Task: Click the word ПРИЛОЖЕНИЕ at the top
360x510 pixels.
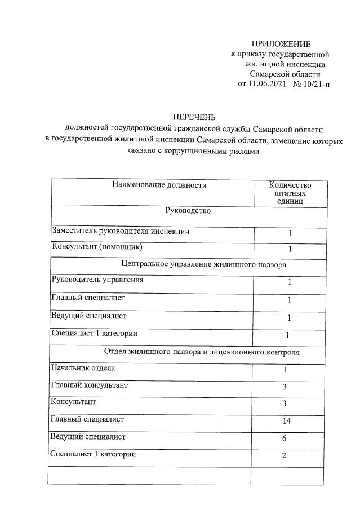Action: (x=281, y=44)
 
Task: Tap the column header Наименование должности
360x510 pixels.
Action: (x=159, y=185)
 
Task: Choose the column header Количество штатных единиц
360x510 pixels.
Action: (x=290, y=193)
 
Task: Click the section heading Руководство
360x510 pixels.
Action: (x=188, y=211)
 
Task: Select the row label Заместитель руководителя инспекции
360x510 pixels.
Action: (x=121, y=231)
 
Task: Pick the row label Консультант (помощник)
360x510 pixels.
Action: (x=96, y=247)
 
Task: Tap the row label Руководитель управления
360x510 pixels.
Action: (x=97, y=280)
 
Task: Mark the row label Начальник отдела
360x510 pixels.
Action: (x=83, y=369)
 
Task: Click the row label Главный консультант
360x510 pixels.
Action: (x=89, y=385)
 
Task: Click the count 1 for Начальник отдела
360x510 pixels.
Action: (x=285, y=370)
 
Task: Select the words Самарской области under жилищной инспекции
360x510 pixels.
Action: (x=285, y=74)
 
